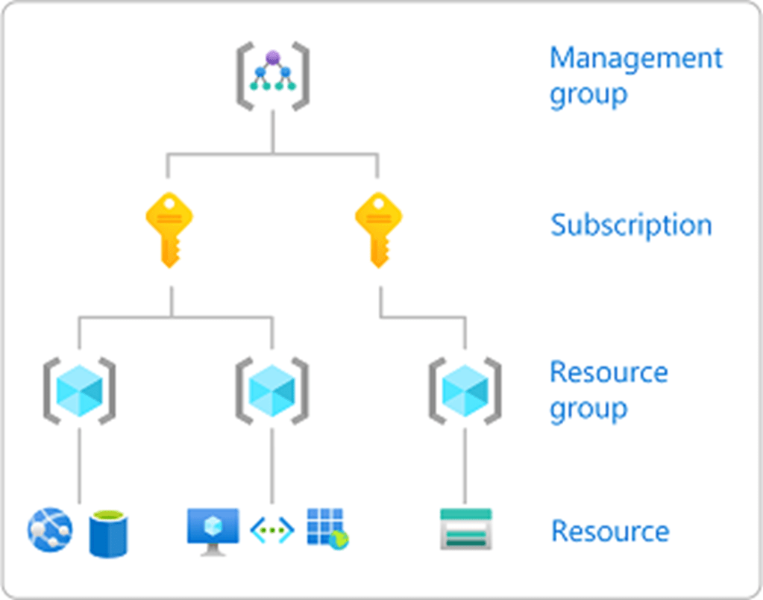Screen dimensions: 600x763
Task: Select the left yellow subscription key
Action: pos(170,228)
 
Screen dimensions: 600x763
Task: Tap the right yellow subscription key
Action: pos(379,228)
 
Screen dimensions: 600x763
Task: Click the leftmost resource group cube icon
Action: pos(79,391)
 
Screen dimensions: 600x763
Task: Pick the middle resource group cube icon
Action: pos(271,391)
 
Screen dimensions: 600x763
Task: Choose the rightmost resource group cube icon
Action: pos(465,391)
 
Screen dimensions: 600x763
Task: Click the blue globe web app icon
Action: pos(50,529)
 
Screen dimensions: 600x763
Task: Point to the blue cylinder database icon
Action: pos(107,532)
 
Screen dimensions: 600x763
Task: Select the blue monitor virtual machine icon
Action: pos(213,531)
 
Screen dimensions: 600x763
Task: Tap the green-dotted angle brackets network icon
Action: pos(271,531)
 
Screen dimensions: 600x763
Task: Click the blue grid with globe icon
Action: pos(327,529)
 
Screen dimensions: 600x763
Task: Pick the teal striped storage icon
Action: pos(465,529)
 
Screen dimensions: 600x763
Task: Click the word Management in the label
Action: pos(635,58)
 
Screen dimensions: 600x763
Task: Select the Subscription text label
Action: pos(631,225)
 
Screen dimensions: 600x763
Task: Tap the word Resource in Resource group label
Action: pos(609,372)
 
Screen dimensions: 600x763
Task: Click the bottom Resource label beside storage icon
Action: pos(610,531)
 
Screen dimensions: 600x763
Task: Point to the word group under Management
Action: pos(588,96)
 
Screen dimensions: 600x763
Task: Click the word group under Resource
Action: pos(588,409)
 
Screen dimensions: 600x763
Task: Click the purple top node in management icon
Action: pos(272,57)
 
